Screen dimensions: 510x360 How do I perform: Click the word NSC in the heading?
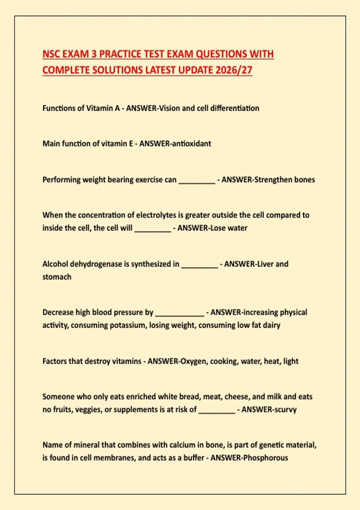[x=51, y=54]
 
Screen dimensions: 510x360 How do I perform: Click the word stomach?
[x=57, y=277]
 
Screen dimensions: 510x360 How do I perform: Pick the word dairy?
[x=271, y=325]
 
